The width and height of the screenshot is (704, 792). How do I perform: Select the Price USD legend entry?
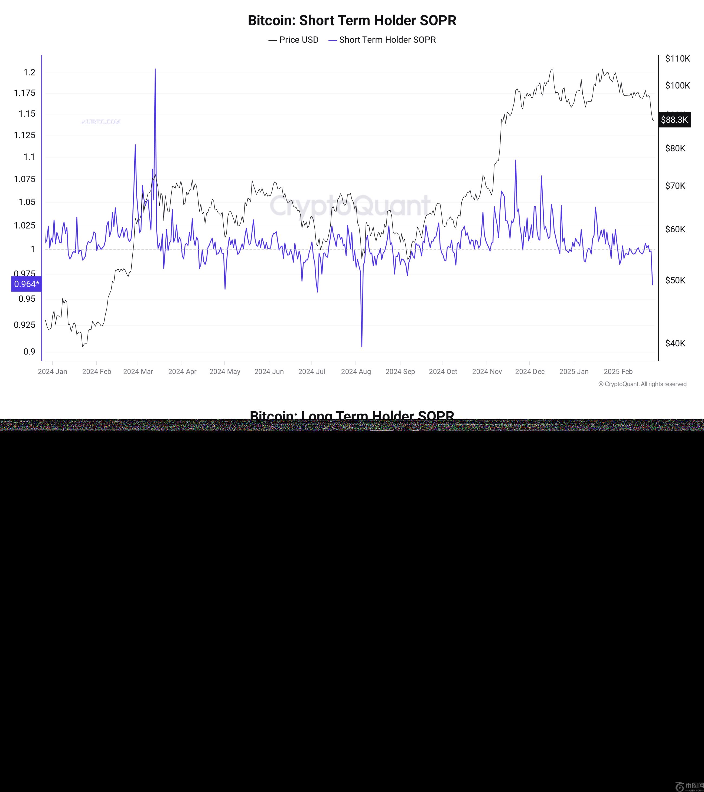click(294, 40)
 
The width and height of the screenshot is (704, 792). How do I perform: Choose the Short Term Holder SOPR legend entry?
click(382, 40)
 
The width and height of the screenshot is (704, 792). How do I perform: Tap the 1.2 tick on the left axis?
click(30, 73)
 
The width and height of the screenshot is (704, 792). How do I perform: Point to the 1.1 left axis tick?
click(30, 157)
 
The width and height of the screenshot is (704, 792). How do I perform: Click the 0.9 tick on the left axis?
click(30, 351)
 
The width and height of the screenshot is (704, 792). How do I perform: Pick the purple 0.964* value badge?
click(26, 284)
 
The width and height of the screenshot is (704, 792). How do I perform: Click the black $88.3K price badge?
click(674, 120)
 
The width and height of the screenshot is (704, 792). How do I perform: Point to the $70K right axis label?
click(675, 186)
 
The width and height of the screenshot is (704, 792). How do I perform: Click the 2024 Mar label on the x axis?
click(138, 371)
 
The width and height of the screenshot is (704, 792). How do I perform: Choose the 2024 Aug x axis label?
click(356, 371)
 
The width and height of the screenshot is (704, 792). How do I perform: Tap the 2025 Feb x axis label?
click(618, 371)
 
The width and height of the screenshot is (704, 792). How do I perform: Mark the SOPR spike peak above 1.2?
click(155, 69)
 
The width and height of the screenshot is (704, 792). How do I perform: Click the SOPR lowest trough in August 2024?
click(362, 346)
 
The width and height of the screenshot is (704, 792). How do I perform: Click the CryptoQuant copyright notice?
click(642, 384)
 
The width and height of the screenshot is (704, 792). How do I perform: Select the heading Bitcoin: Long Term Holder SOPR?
click(352, 416)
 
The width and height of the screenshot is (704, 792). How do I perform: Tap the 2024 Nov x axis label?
click(487, 371)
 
